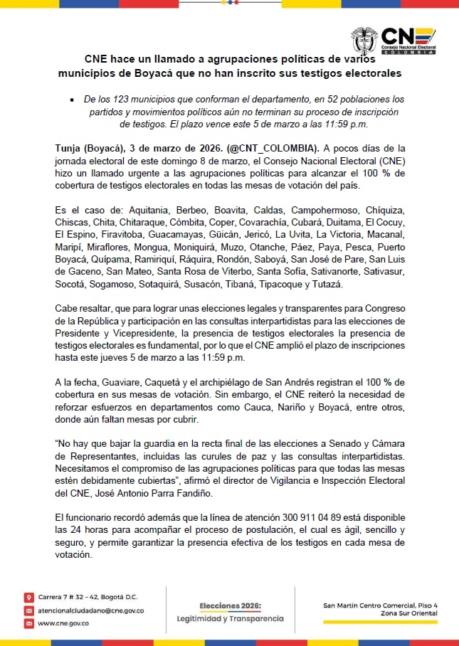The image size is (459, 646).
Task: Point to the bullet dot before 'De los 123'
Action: pyautogui.click(x=73, y=100)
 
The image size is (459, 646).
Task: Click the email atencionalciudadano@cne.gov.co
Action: pyautogui.click(x=90, y=610)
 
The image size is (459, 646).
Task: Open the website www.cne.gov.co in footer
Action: pyautogui.click(x=63, y=623)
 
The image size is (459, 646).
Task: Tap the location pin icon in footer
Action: pyautogui.click(x=28, y=597)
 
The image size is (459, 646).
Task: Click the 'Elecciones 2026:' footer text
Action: pyautogui.click(x=230, y=605)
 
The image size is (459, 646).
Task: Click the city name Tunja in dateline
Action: pyautogui.click(x=68, y=148)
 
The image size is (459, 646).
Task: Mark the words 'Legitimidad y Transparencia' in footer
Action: pyautogui.click(x=230, y=618)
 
